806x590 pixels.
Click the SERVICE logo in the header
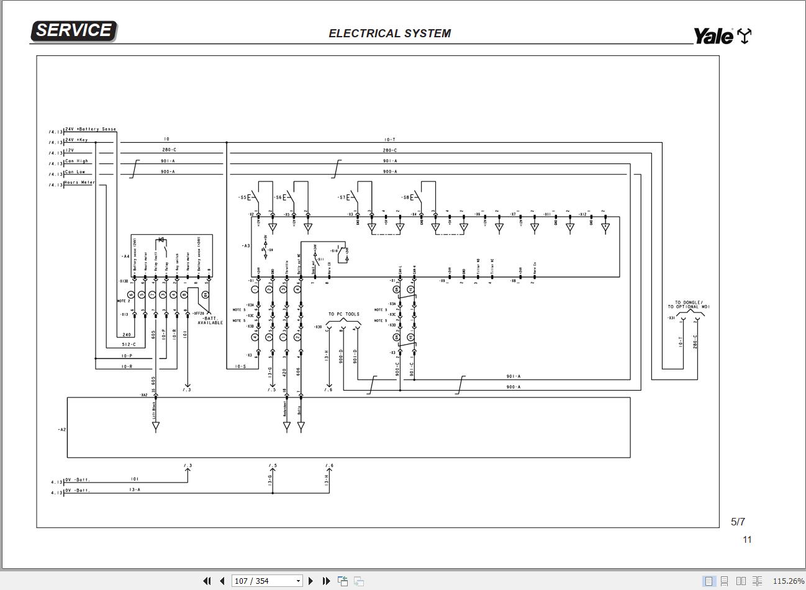(73, 30)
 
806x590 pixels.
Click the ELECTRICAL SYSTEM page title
(389, 34)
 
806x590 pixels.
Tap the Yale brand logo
(720, 36)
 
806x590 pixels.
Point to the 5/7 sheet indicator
(738, 522)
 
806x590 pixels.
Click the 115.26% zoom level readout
(788, 581)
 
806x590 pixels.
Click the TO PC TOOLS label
(344, 314)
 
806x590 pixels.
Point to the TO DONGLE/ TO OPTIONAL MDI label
(689, 305)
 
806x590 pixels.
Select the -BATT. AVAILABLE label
(210, 320)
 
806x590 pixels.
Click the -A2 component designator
(61, 429)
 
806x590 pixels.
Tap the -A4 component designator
(125, 256)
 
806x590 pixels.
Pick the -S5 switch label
(242, 197)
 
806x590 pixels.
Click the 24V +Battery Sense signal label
(90, 129)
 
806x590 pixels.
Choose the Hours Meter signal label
(79, 183)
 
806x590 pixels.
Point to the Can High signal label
(77, 161)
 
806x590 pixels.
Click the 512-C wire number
(129, 344)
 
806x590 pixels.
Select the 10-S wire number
(240, 366)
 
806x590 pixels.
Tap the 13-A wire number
(135, 490)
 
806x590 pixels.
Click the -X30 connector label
(318, 327)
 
